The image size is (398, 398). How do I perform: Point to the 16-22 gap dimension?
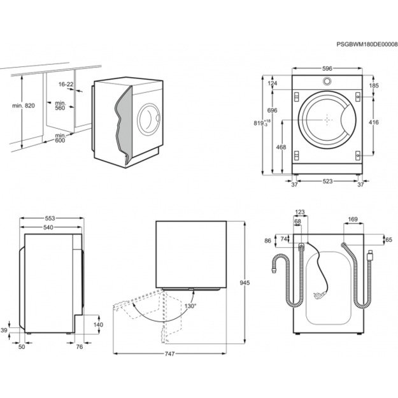pyautogui.click(x=66, y=84)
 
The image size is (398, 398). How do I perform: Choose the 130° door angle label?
pyautogui.click(x=191, y=306)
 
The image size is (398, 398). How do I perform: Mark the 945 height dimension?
pyautogui.click(x=254, y=282)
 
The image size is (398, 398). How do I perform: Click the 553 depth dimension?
pyautogui.click(x=51, y=218)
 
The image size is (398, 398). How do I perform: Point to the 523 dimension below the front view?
pyautogui.click(x=327, y=181)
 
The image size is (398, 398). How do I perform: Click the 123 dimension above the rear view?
pyautogui.click(x=301, y=213)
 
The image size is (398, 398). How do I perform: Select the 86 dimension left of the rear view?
pyautogui.click(x=267, y=241)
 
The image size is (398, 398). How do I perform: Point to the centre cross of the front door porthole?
pyautogui.click(x=327, y=119)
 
